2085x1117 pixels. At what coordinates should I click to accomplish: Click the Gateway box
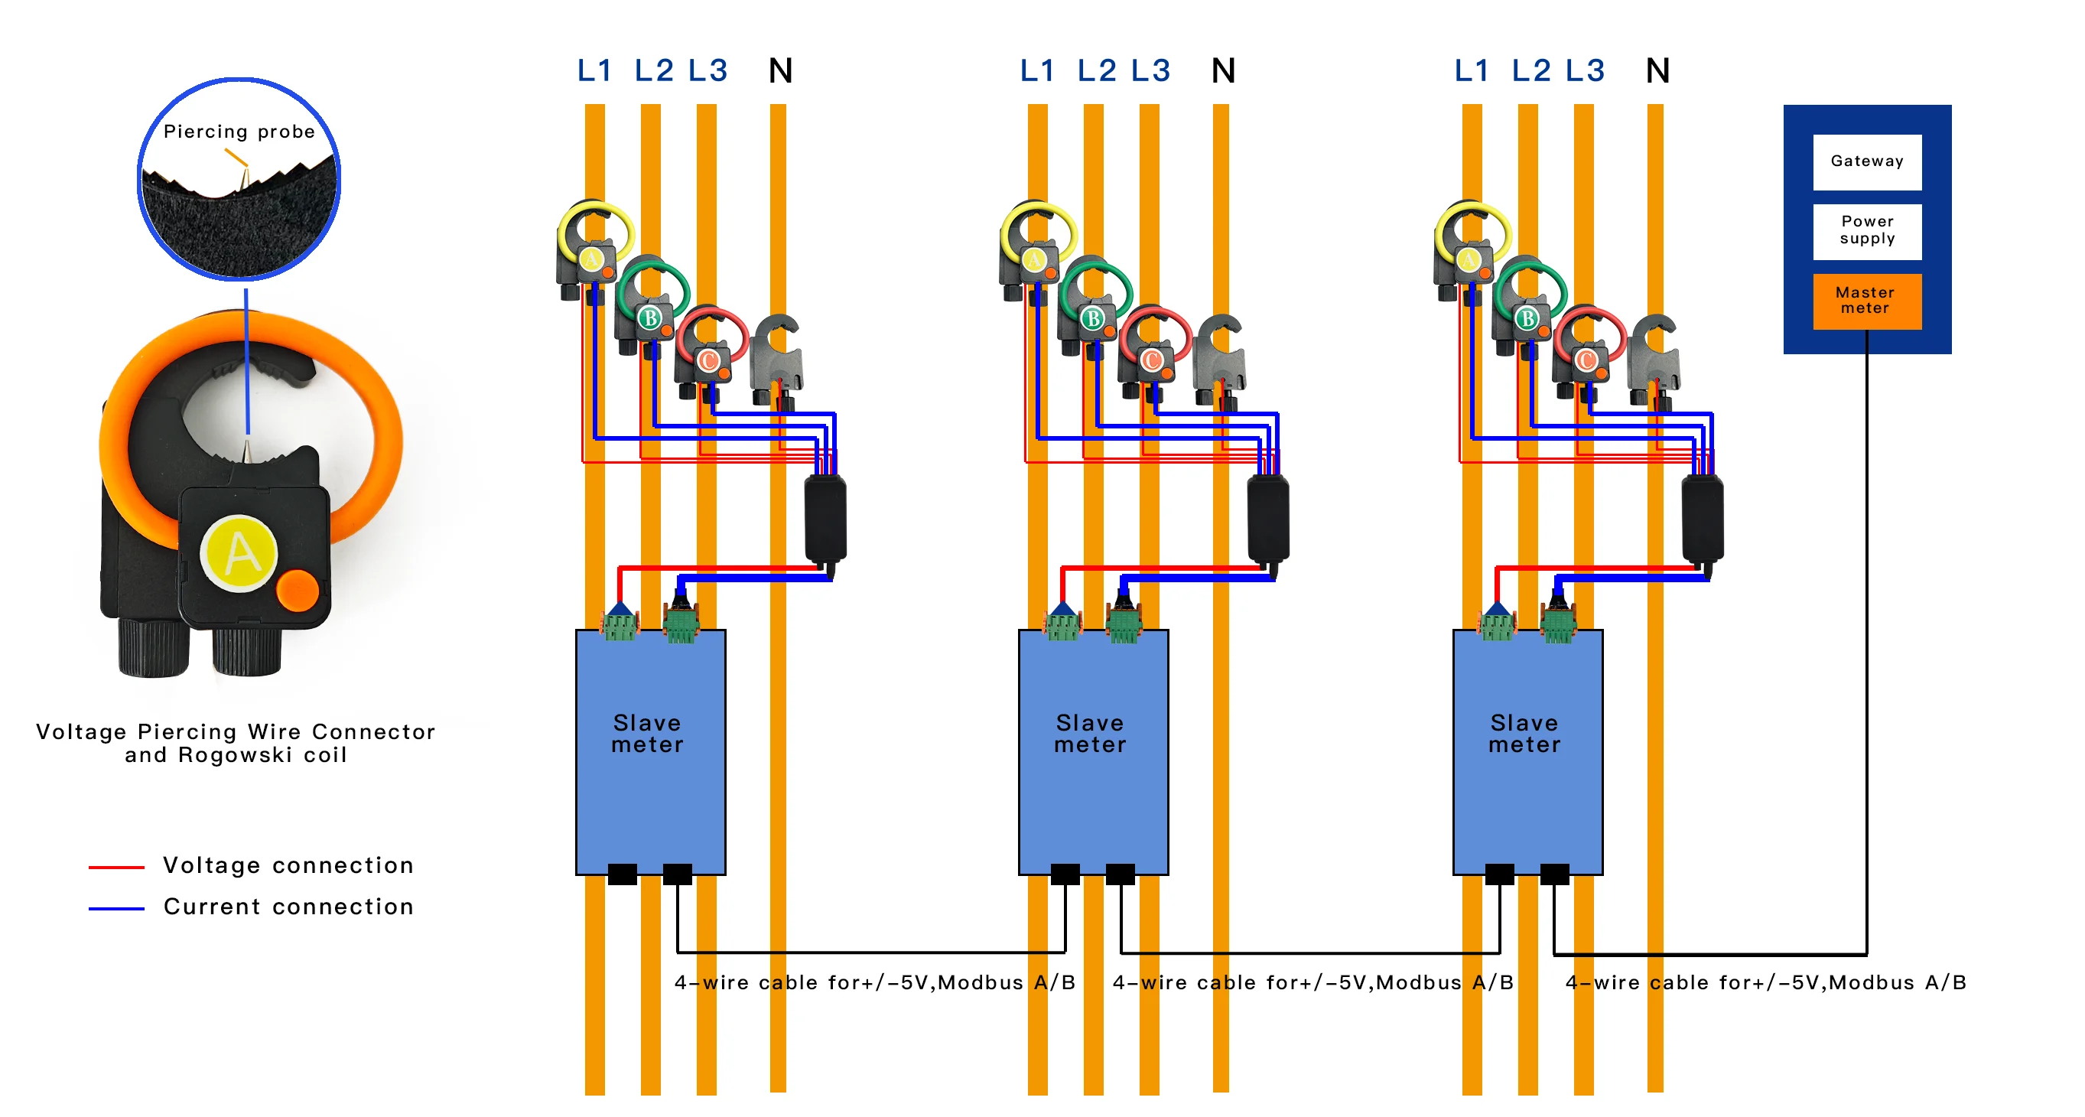coord(1866,162)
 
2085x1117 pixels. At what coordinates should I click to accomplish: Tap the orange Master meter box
coord(1866,301)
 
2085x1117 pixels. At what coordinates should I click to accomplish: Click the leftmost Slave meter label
coord(648,734)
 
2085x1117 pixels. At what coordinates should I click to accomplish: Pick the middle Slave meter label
coord(1090,734)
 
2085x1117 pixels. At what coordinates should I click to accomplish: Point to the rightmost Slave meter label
coord(1525,734)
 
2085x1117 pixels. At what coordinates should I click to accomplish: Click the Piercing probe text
coord(239,132)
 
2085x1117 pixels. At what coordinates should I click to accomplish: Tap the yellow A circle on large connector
coord(239,555)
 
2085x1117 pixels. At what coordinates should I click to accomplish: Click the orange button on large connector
coord(298,591)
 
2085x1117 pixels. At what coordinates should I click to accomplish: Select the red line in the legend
coord(116,867)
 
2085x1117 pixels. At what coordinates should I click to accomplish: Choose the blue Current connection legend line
coord(116,909)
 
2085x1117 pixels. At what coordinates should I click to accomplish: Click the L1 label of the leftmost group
coord(594,71)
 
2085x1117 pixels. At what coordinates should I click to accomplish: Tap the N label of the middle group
coord(1223,71)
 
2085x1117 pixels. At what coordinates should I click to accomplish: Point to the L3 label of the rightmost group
coord(1584,71)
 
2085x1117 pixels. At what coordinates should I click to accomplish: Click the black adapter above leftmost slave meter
coord(825,518)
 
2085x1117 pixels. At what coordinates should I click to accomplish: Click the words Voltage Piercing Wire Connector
coord(236,731)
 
